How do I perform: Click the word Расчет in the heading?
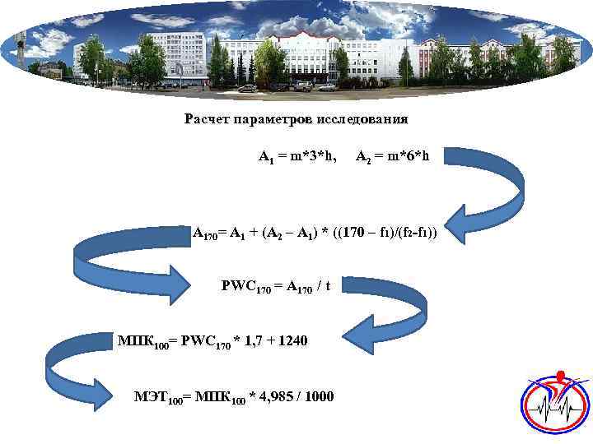click(x=207, y=120)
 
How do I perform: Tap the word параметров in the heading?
click(x=270, y=120)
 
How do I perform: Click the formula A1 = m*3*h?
click(x=296, y=156)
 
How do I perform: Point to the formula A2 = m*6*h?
click(x=392, y=156)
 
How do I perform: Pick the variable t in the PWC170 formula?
click(x=327, y=287)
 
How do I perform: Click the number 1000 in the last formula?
click(x=318, y=397)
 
